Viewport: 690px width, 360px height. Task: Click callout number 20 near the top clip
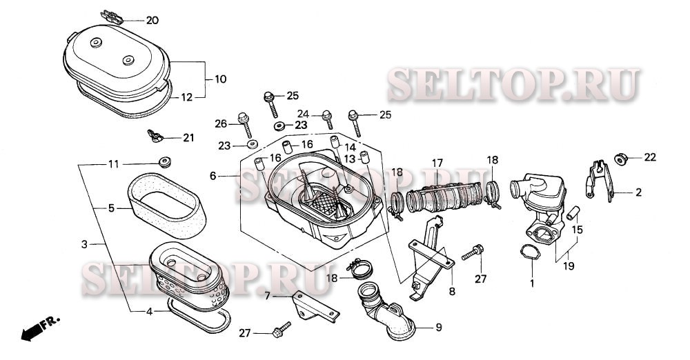pyautogui.click(x=152, y=20)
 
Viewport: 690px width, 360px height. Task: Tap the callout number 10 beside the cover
pyautogui.click(x=220, y=79)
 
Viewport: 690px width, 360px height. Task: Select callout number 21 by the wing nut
pyautogui.click(x=188, y=138)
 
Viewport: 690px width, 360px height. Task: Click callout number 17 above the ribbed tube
pyautogui.click(x=437, y=163)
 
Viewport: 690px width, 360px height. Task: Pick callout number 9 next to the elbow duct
pyautogui.click(x=437, y=327)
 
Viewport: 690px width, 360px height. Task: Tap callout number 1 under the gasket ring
pyautogui.click(x=531, y=283)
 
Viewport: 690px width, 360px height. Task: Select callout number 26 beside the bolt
pyautogui.click(x=221, y=124)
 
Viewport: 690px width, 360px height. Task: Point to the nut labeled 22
pyautogui.click(x=620, y=159)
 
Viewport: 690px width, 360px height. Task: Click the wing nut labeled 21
pyautogui.click(x=155, y=135)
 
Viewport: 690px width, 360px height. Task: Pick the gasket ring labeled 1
pyautogui.click(x=530, y=252)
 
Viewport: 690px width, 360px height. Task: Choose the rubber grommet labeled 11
pyautogui.click(x=165, y=163)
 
